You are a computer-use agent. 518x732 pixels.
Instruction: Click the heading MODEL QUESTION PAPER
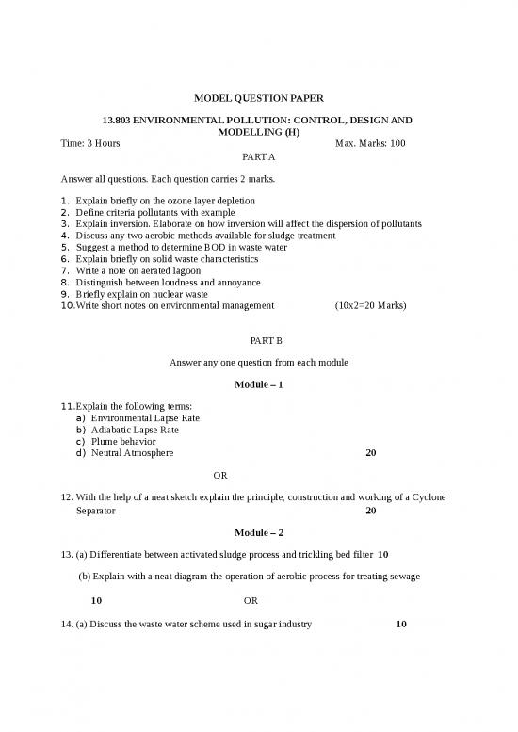pyautogui.click(x=258, y=97)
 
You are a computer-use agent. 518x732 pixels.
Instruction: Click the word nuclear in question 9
pyautogui.click(x=154, y=294)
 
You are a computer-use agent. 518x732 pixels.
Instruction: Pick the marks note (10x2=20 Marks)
pyautogui.click(x=370, y=305)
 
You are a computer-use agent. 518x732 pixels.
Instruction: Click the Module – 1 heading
pyautogui.click(x=258, y=385)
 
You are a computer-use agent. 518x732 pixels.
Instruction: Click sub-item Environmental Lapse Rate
pyautogui.click(x=145, y=417)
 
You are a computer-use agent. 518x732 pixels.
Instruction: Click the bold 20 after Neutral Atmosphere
pyautogui.click(x=370, y=453)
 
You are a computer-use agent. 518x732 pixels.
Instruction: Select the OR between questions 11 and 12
pyautogui.click(x=220, y=476)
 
